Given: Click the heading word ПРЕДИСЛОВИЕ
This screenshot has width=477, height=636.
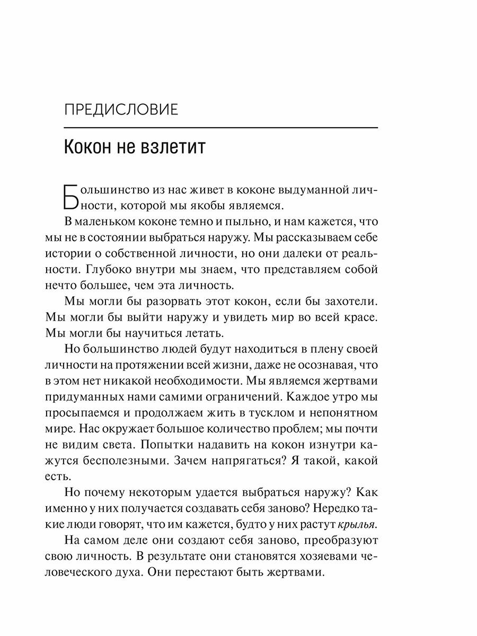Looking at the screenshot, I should pos(120,111).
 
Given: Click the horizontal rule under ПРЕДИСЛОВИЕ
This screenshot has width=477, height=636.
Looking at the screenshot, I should pos(220,128).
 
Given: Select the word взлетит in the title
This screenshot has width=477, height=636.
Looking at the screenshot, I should pos(175,147).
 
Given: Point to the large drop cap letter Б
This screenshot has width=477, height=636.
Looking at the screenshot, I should pos(72,197).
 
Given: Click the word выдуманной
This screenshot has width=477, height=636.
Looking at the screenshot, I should pos(311,189).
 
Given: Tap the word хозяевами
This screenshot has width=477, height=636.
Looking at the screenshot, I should pos(317,558).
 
